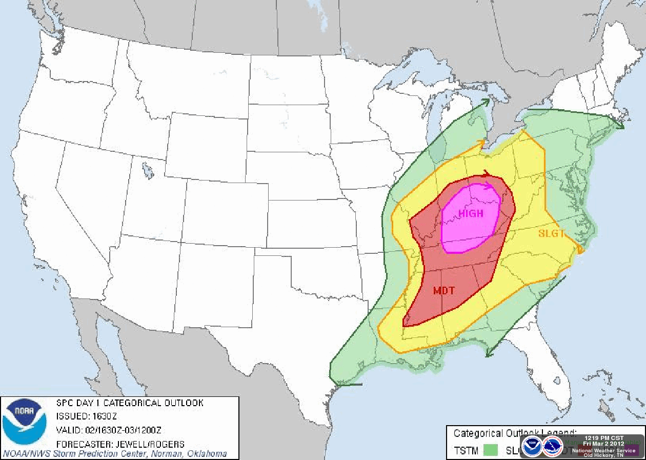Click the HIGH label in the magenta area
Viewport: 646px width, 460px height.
pos(471,214)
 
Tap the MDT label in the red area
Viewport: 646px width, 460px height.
pos(444,291)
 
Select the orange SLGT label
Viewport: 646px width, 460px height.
pos(551,233)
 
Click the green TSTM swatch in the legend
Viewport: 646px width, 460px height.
pos(491,451)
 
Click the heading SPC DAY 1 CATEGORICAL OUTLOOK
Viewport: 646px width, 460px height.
pos(129,403)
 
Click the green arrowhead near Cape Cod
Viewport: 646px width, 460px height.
pos(620,125)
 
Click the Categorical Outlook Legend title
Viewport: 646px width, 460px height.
pos(515,433)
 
